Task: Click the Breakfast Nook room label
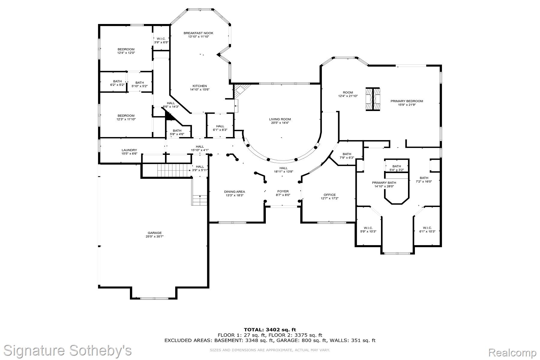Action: [x=198, y=33]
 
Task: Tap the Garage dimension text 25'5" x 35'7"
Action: [x=154, y=236]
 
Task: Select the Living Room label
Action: [x=280, y=119]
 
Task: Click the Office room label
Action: [x=329, y=195]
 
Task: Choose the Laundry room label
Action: [x=129, y=150]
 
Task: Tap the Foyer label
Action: [x=283, y=191]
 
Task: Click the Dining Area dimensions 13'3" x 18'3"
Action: [x=234, y=195]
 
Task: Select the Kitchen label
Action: [x=199, y=86]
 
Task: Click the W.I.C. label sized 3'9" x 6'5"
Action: [x=161, y=39]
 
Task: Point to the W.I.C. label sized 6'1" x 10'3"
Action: [x=427, y=228]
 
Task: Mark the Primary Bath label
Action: [x=384, y=183]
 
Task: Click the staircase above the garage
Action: [x=174, y=171]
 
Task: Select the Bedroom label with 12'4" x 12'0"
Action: [x=126, y=49]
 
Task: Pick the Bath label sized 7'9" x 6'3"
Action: [x=346, y=154]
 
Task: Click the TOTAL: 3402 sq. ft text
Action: [x=270, y=330]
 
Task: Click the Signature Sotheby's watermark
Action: [x=67, y=350]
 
